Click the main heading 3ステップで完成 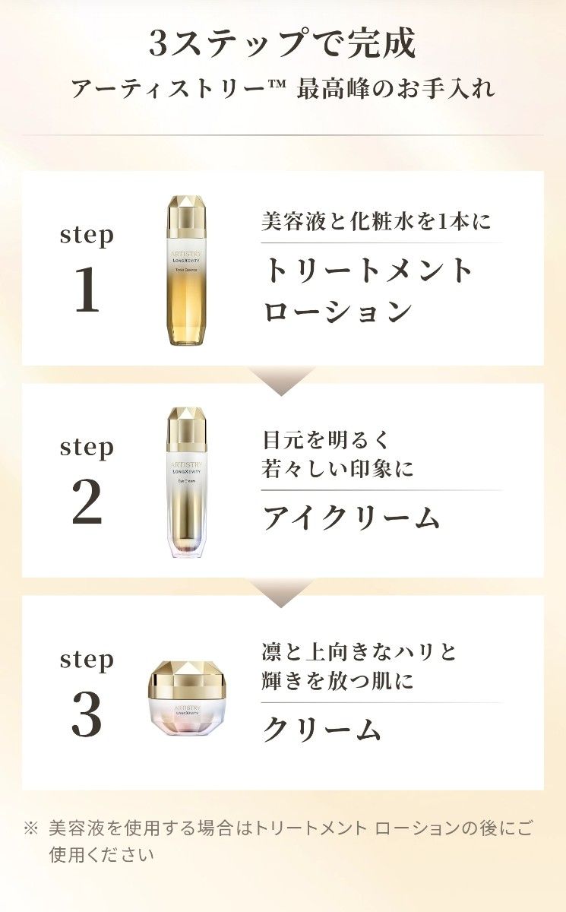point(283,43)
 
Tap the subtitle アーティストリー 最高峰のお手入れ point(283,89)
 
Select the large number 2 point(87,504)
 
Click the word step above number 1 point(87,236)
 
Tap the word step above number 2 point(87,448)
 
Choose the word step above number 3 point(87,660)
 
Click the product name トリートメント point(369,271)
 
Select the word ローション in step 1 point(338,312)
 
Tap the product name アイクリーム point(351,518)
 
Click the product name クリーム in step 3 point(321,730)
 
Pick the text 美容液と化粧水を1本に point(377,223)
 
